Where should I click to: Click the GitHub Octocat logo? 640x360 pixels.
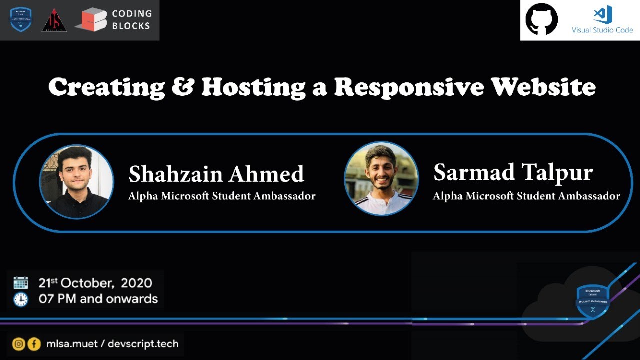pyautogui.click(x=541, y=19)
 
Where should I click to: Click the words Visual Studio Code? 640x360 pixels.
pyautogui.click(x=602, y=30)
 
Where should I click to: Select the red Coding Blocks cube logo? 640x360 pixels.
pyautogui.click(x=91, y=20)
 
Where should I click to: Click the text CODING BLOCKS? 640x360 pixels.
pyautogui.click(x=131, y=20)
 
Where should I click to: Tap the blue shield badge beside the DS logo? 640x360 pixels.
pyautogui.click(x=21, y=19)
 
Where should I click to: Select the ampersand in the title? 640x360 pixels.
pyautogui.click(x=183, y=87)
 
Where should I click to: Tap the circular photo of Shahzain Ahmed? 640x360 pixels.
pyautogui.click(x=76, y=182)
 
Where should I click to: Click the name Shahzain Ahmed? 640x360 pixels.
pyautogui.click(x=216, y=174)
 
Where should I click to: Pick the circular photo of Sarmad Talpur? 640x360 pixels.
pyautogui.click(x=381, y=178)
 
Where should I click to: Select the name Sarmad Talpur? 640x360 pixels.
pyautogui.click(x=513, y=173)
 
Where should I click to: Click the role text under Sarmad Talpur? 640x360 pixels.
pyautogui.click(x=526, y=196)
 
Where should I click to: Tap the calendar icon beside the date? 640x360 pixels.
pyautogui.click(x=21, y=283)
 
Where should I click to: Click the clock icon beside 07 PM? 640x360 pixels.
pyautogui.click(x=21, y=299)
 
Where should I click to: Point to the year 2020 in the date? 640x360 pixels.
pyautogui.click(x=136, y=283)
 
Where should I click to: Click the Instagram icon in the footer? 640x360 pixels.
pyautogui.click(x=19, y=344)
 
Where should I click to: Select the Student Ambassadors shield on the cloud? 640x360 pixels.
pyautogui.click(x=593, y=301)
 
